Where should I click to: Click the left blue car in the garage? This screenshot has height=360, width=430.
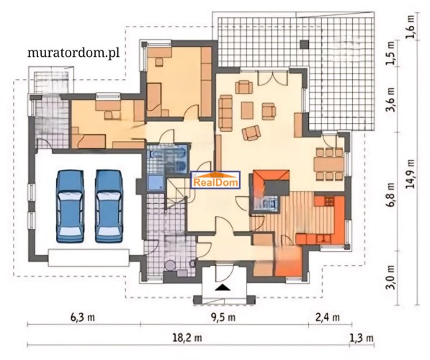[70, 206]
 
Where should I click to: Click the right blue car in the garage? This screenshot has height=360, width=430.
[109, 206]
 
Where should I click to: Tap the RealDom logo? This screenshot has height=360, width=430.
[215, 180]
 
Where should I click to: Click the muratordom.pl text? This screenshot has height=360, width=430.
[73, 53]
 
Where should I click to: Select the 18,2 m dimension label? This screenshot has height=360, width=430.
[187, 338]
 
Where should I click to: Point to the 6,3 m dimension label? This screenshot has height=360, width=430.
[83, 318]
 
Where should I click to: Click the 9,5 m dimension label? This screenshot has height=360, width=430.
[223, 318]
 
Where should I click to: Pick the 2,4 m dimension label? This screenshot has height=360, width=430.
[328, 318]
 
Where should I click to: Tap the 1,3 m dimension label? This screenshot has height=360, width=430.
[362, 338]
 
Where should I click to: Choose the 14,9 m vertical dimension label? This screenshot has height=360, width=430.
[411, 174]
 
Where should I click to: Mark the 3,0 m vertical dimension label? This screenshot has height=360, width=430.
[390, 277]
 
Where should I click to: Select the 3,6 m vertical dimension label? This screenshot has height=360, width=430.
[390, 100]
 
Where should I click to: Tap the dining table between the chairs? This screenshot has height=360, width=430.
[329, 164]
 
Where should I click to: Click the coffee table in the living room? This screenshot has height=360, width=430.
[247, 110]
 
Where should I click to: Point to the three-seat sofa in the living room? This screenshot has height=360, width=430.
[225, 113]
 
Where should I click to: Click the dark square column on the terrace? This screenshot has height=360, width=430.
[304, 45]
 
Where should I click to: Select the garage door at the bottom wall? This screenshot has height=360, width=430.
[89, 258]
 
